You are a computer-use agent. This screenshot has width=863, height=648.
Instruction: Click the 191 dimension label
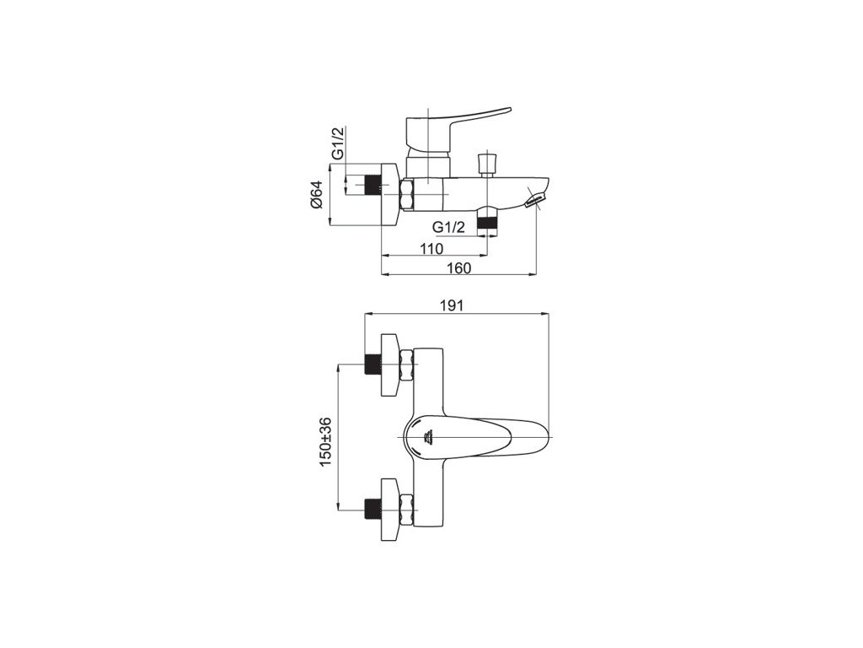pyautogui.click(x=452, y=305)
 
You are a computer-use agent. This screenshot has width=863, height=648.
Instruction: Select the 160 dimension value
pyautogui.click(x=460, y=267)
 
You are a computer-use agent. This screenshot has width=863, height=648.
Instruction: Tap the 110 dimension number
pyautogui.click(x=431, y=249)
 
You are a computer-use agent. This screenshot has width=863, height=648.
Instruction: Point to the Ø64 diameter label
pyautogui.click(x=317, y=195)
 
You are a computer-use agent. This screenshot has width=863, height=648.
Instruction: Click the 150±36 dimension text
pyautogui.click(x=324, y=442)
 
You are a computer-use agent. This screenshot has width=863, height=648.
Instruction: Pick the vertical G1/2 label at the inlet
pyautogui.click(x=337, y=143)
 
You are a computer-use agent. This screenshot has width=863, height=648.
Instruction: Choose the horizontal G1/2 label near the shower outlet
pyautogui.click(x=449, y=226)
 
